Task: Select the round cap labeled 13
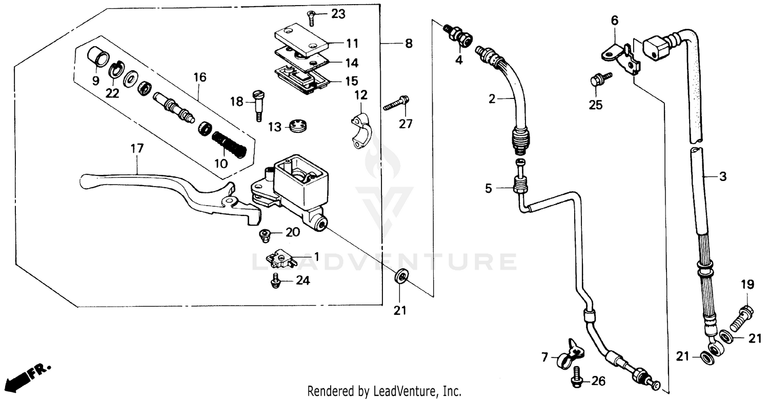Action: (297, 126)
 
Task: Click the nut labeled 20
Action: (265, 235)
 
